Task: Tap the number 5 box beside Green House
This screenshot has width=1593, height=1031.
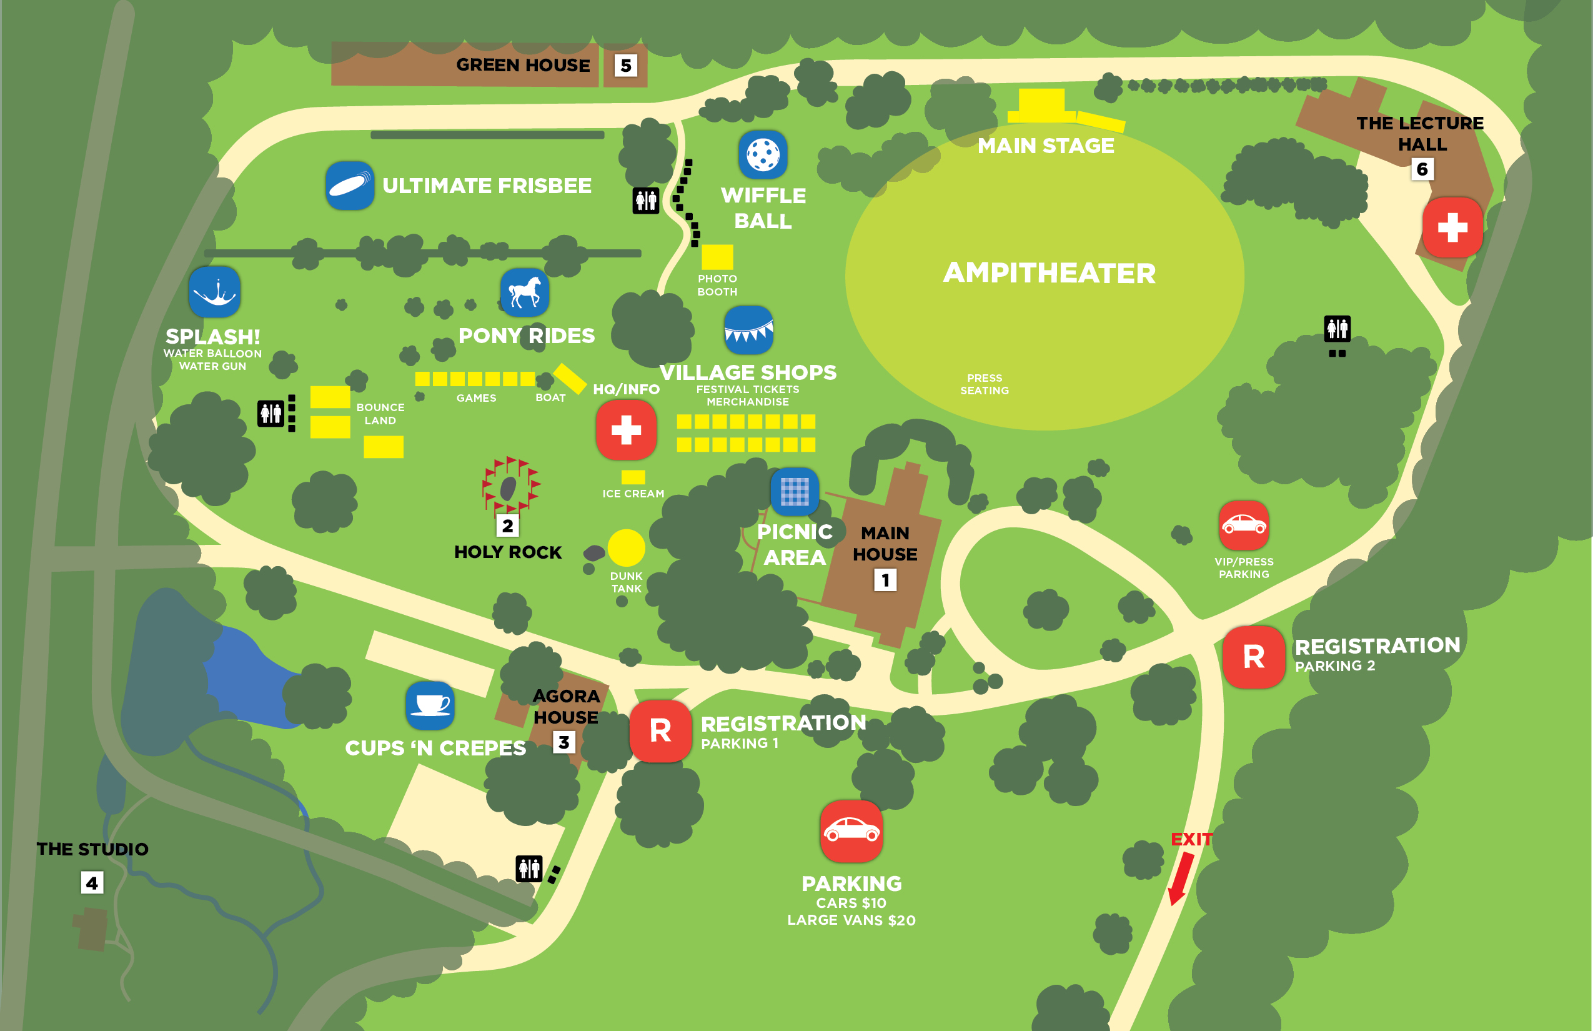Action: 626,66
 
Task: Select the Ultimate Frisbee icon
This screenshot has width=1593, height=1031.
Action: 349,186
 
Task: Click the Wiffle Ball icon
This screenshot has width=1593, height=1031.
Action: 762,155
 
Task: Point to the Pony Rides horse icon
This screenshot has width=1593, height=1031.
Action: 525,292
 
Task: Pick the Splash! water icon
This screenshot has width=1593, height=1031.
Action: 214,292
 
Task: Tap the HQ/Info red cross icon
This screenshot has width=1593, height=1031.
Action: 626,430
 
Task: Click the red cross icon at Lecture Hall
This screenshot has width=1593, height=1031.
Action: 1452,227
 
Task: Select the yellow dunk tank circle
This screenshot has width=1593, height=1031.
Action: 626,547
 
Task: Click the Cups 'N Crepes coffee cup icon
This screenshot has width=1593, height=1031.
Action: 430,705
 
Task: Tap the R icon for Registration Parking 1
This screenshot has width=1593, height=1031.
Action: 660,730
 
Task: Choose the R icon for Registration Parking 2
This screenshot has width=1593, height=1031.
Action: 1253,657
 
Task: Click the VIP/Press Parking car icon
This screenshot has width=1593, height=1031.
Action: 1243,525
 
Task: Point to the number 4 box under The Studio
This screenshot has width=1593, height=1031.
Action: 92,882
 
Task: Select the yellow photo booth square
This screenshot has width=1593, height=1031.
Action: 717,256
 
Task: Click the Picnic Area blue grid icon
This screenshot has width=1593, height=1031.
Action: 795,491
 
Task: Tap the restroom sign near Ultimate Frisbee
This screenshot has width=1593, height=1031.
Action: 646,200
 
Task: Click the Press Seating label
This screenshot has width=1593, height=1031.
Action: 984,384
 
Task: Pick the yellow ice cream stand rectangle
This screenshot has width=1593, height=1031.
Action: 632,477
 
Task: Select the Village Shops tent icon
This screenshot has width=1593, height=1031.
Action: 748,330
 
